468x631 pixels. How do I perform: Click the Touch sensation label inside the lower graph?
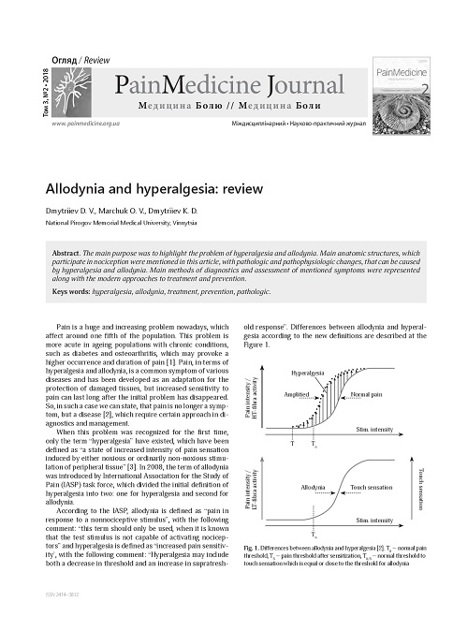click(x=372, y=489)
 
